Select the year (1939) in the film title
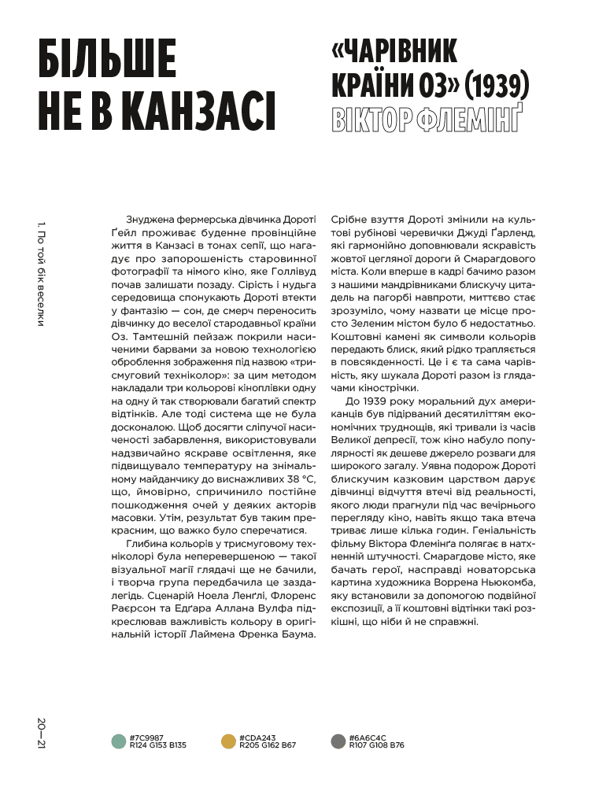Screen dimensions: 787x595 click(490, 83)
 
